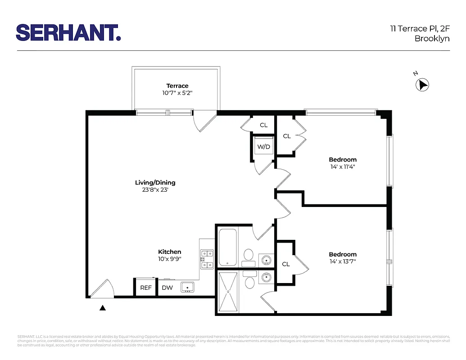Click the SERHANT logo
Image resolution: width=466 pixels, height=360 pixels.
(68, 32)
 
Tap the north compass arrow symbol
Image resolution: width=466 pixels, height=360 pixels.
(423, 85)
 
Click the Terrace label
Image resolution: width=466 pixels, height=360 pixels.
(177, 86)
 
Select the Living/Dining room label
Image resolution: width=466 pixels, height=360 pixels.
(155, 183)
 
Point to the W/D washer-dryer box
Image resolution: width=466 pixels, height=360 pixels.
(263, 147)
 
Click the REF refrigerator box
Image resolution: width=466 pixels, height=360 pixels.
(146, 288)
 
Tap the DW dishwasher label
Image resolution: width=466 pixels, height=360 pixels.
(167, 288)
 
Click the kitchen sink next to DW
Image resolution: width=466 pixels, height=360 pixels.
(187, 287)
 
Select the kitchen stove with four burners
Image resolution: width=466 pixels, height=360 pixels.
(207, 260)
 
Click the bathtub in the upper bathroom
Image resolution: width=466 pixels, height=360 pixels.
(228, 247)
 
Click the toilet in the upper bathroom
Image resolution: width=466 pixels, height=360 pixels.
(248, 255)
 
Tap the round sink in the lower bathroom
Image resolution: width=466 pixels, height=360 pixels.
(266, 277)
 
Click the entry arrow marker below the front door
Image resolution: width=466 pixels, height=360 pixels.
(103, 308)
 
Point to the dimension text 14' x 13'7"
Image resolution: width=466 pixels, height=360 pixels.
(343, 261)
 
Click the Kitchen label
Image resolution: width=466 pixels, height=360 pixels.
(170, 252)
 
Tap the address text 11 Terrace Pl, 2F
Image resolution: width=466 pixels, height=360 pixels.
(420, 29)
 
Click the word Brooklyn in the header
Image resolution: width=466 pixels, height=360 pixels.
(432, 39)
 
